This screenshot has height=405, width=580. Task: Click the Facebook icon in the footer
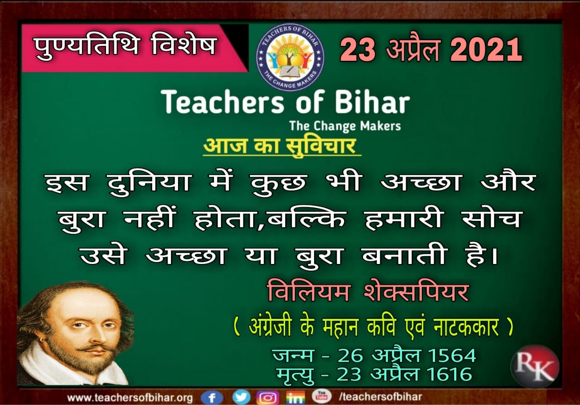pos(212,397)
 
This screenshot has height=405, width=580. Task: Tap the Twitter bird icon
pos(242,397)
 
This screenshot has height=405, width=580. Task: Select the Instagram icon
pos(268,397)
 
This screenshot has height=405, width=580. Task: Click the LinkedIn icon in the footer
pos(295,397)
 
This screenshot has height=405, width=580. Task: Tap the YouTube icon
pos(321,396)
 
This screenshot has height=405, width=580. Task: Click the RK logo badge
pos(535,366)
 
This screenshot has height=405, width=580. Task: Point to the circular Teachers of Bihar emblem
pos(290,57)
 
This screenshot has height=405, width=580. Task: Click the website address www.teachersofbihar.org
pos(130,398)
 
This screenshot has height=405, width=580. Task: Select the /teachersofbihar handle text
pos(380,397)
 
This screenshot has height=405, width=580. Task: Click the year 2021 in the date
pos(486,49)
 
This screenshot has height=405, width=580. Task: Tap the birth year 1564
pos(452,355)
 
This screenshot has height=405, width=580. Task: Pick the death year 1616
pos(449,374)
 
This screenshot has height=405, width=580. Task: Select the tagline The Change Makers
pos(345,126)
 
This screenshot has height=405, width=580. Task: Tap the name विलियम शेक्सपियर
pos(368,293)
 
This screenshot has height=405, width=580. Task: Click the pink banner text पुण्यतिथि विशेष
pos(126,46)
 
